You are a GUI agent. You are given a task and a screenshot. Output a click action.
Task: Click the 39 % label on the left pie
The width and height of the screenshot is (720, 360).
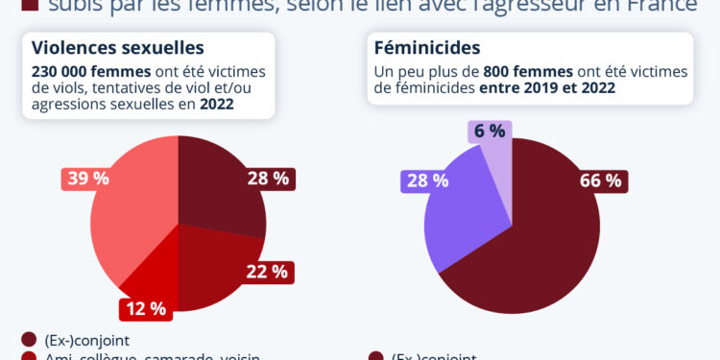(x=87, y=179)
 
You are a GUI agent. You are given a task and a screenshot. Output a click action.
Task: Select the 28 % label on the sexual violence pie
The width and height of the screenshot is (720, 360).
(x=268, y=179)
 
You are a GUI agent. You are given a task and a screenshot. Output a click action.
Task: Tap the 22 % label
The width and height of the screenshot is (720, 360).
(x=268, y=271)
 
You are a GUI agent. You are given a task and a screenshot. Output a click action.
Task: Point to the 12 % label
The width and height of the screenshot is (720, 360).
(x=145, y=309)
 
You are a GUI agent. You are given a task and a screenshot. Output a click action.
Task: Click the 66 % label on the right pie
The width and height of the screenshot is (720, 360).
(x=601, y=180)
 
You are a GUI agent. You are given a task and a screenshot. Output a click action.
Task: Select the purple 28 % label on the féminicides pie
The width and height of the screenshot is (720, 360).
(x=427, y=180)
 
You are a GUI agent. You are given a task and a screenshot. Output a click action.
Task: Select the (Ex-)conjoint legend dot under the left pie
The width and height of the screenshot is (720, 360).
(x=28, y=340)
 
